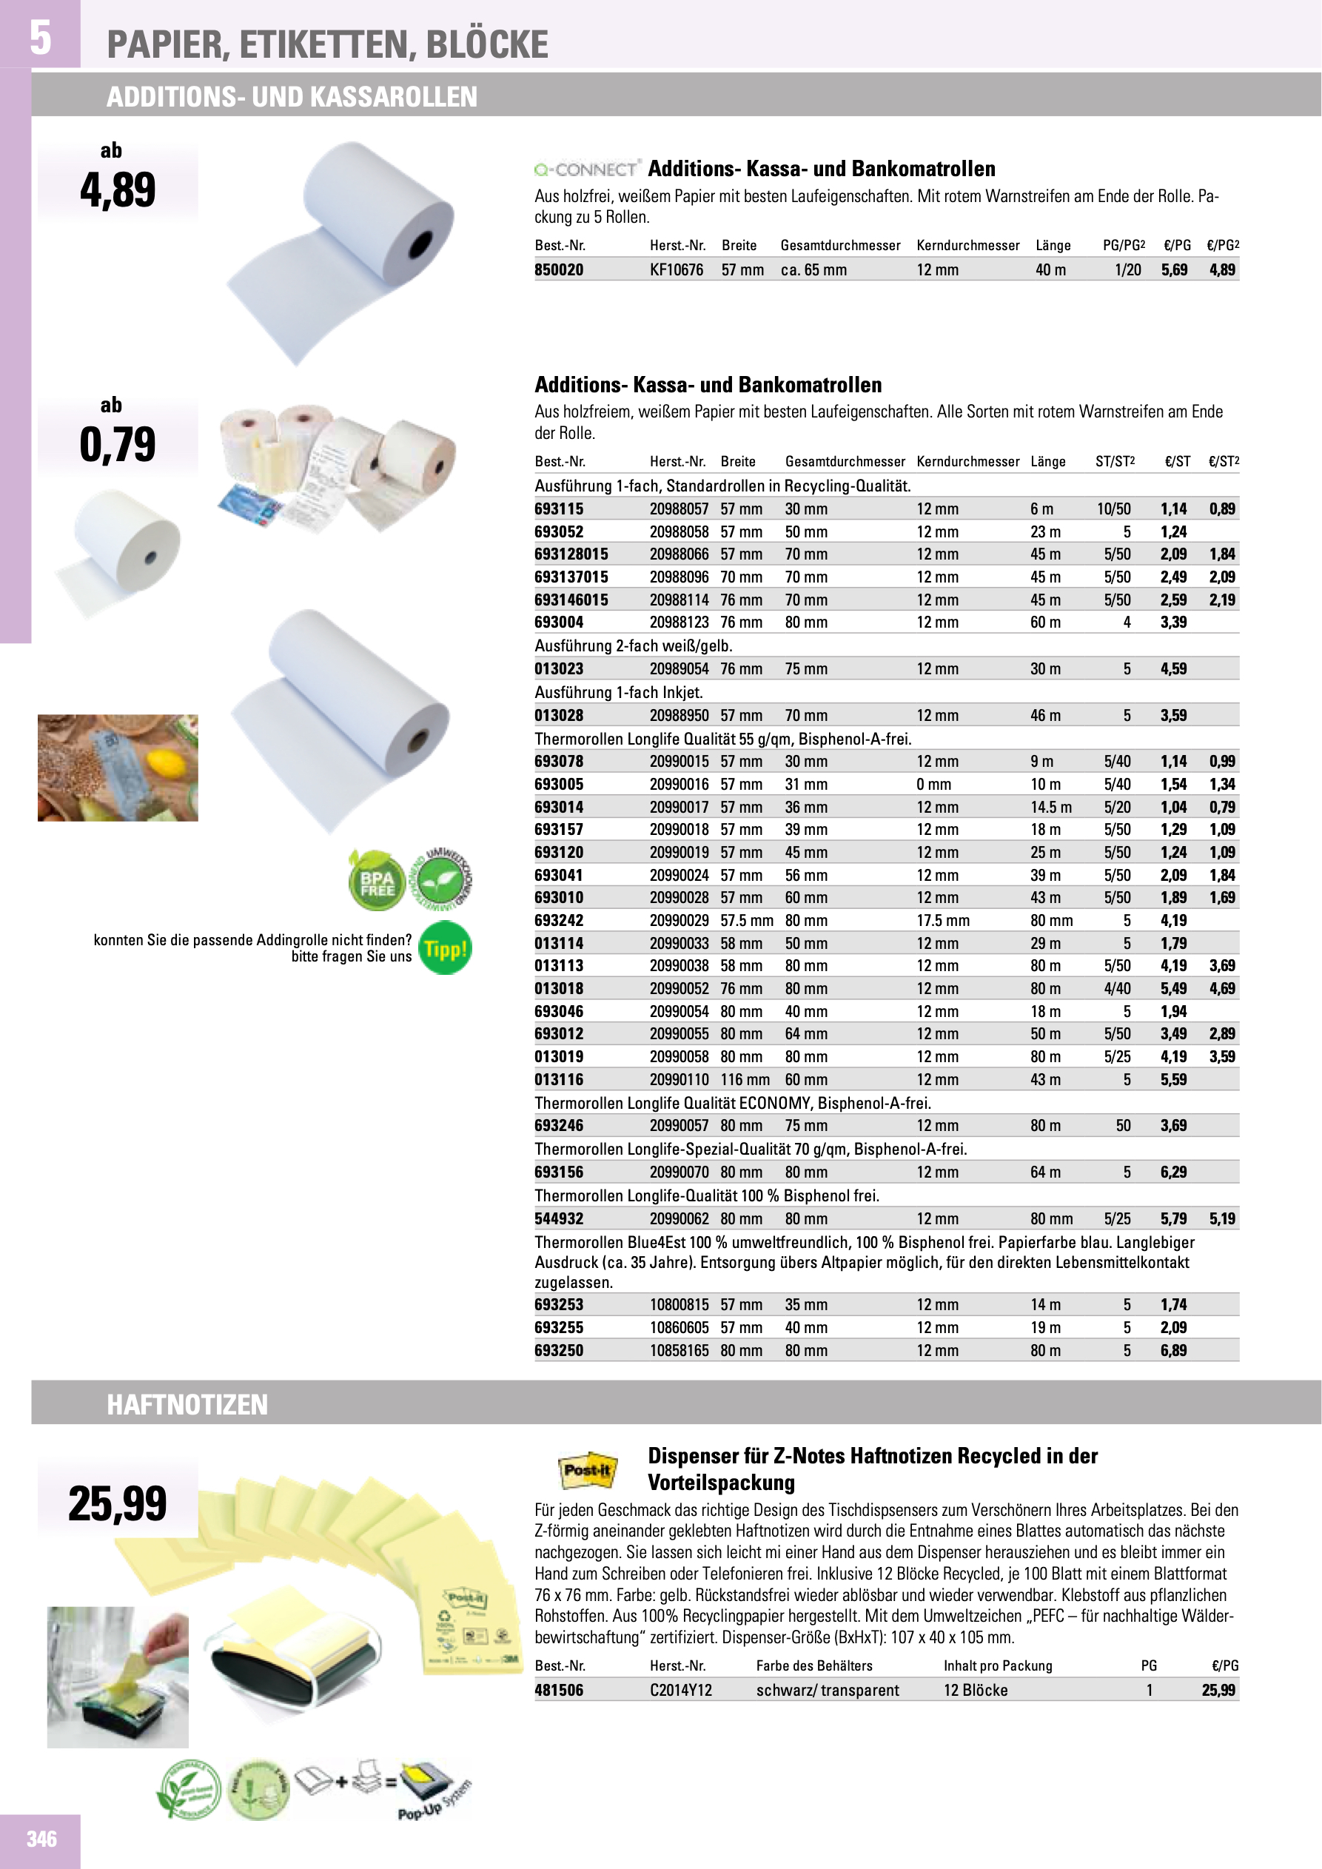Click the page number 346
(41, 1839)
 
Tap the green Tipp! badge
(446, 948)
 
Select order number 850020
(560, 269)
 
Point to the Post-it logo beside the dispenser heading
(587, 1470)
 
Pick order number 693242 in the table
(560, 921)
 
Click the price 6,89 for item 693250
(1173, 1350)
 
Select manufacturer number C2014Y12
(680, 1690)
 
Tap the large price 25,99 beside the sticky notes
(117, 1503)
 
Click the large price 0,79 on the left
(117, 444)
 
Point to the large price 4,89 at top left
(117, 189)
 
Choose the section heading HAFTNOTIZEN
(187, 1404)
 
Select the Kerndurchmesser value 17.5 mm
(943, 921)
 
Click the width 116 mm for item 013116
(745, 1079)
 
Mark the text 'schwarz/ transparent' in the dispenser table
(827, 1690)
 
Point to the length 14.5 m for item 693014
(1051, 808)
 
